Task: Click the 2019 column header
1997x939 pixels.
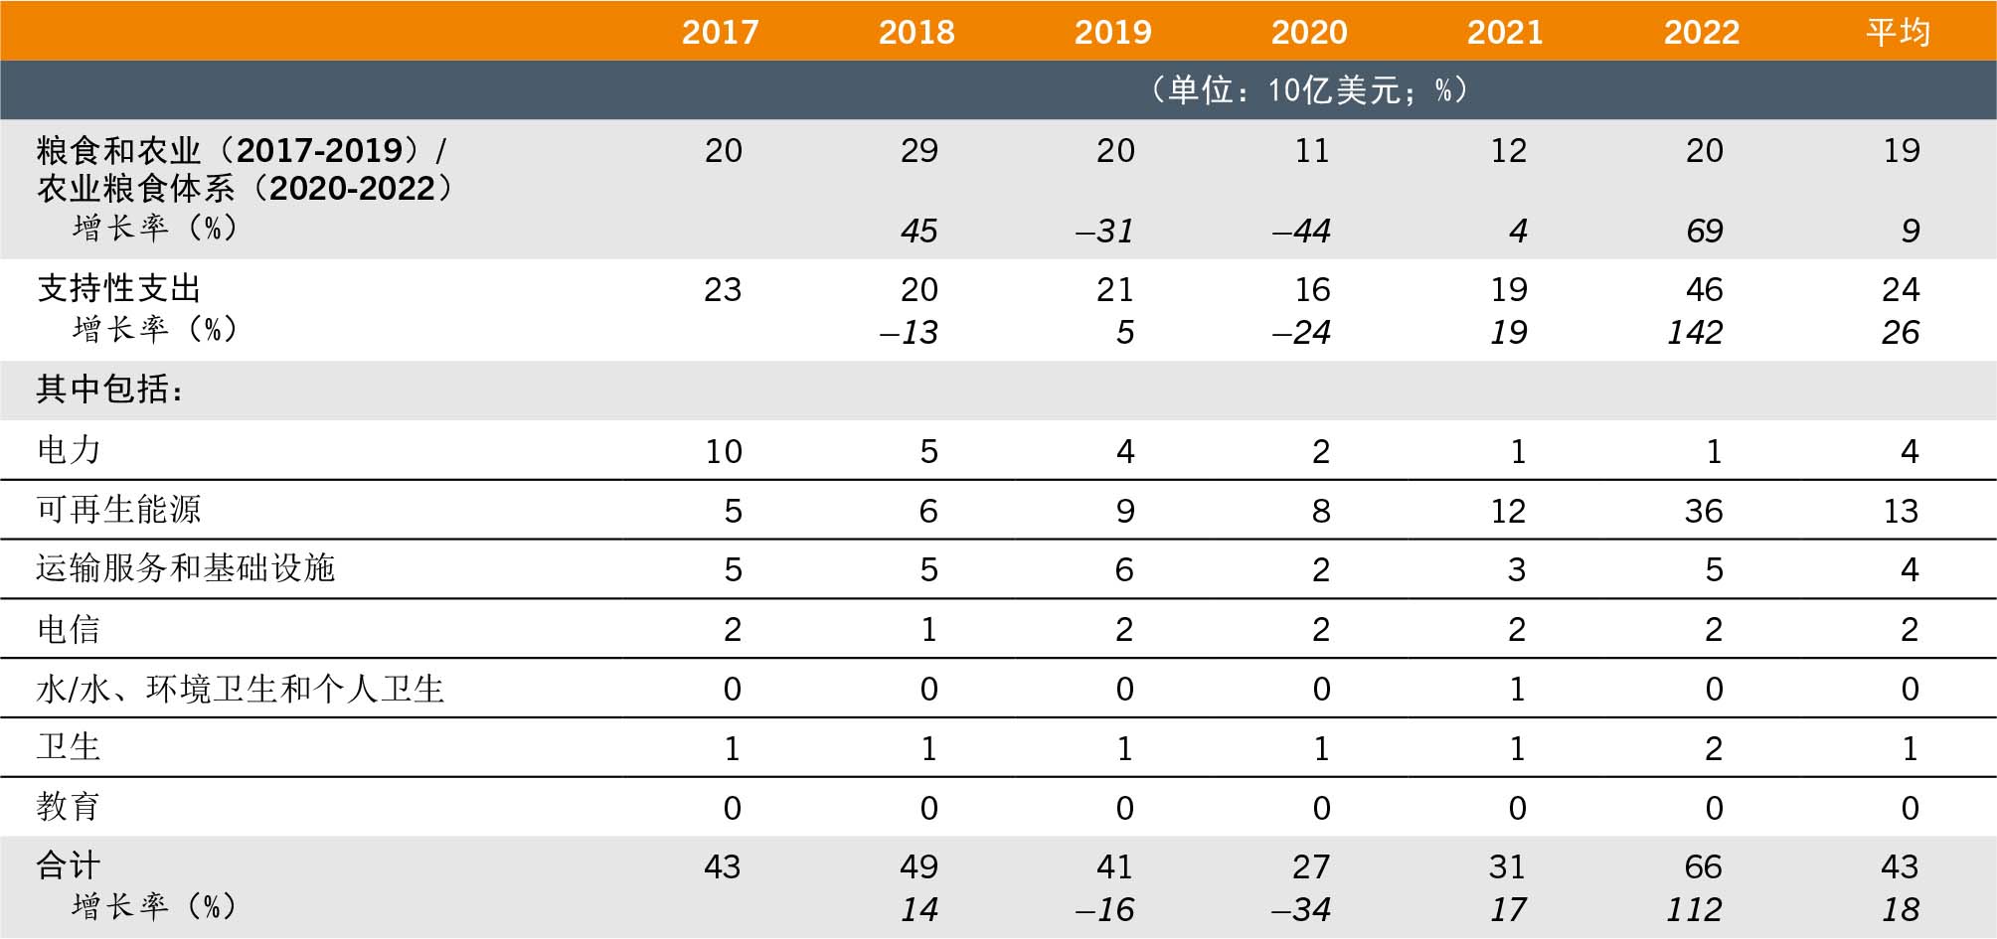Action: point(1112,32)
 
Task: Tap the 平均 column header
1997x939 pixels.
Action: point(1898,32)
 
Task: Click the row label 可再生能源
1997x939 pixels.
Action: point(118,510)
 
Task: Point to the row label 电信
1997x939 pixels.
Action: point(69,629)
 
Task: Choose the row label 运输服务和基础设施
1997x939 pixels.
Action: point(186,568)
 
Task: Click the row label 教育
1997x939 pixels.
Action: point(69,807)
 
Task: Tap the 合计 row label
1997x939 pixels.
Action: point(69,865)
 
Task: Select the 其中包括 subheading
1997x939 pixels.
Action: point(110,390)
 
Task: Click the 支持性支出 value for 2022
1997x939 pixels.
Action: point(1704,290)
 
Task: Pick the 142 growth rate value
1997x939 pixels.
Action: point(1695,333)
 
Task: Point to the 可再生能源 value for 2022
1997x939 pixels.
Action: point(1704,512)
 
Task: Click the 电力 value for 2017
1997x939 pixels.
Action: point(724,452)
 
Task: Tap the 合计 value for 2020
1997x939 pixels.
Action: point(1311,867)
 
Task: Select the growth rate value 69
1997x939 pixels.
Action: point(1704,232)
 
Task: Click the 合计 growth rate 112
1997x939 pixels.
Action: point(1694,910)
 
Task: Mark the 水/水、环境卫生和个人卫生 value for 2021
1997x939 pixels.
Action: point(1517,690)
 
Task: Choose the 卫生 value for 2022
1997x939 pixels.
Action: point(1714,749)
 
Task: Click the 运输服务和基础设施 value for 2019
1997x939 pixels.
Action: point(1124,570)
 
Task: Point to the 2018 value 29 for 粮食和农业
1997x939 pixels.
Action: point(918,151)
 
